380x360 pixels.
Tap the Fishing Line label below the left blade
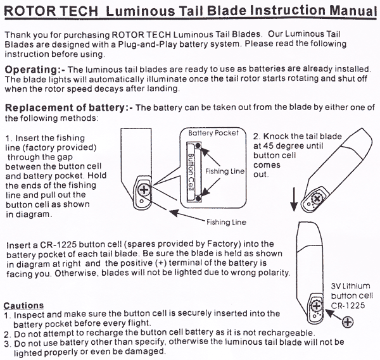pyautogui.click(x=225, y=222)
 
